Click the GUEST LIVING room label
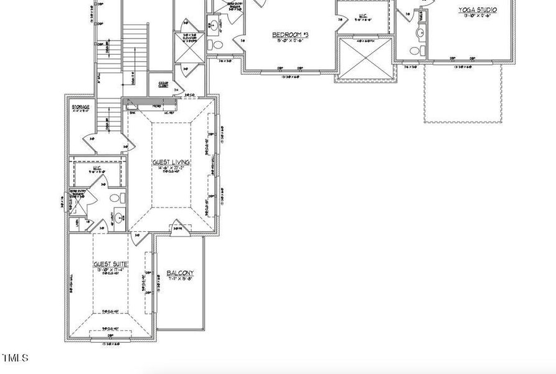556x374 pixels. pyautogui.click(x=171, y=162)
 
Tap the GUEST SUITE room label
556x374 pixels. pyautogui.click(x=111, y=264)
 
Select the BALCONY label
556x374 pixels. pyautogui.click(x=181, y=273)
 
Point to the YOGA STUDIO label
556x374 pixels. pyautogui.click(x=478, y=10)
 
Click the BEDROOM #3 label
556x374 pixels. pyautogui.click(x=290, y=35)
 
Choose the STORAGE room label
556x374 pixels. pyautogui.click(x=81, y=107)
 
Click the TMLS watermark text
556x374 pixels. pyautogui.click(x=15, y=358)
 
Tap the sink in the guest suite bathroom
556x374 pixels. pyautogui.click(x=118, y=218)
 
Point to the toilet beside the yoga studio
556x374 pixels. pyautogui.click(x=423, y=50)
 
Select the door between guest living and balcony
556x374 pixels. pyautogui.click(x=179, y=226)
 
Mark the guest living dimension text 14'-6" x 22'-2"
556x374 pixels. pyautogui.click(x=171, y=168)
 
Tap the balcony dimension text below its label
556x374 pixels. pyautogui.click(x=181, y=280)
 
